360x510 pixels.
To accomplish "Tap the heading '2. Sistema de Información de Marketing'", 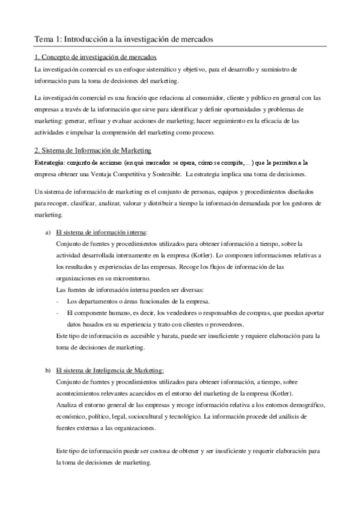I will pyautogui.click(x=93, y=150).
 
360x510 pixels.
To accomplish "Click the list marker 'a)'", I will pyautogui.click(x=48, y=232).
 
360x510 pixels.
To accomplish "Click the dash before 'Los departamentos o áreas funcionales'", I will pyautogui.click(x=56, y=301).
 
